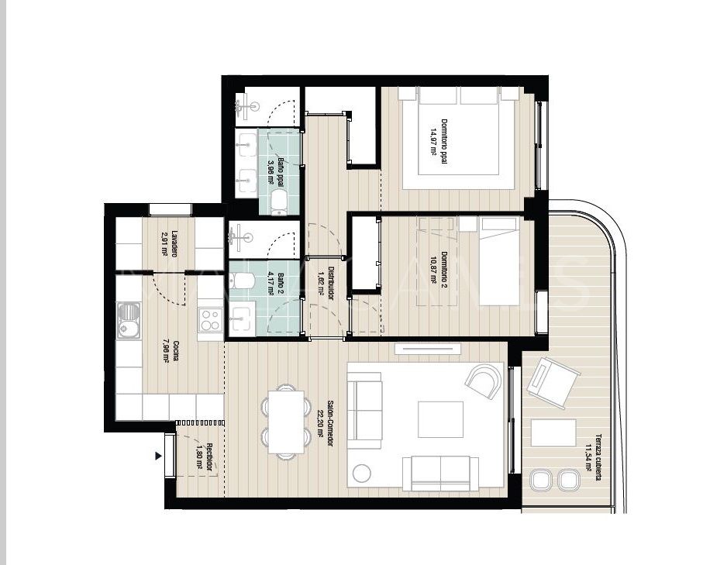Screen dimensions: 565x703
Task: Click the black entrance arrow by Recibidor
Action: click(x=159, y=456)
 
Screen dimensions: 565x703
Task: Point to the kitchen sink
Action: click(x=128, y=321)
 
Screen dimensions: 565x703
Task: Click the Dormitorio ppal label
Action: click(x=442, y=137)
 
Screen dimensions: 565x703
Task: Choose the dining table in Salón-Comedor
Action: click(x=287, y=419)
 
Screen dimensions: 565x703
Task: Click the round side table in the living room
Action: click(x=361, y=472)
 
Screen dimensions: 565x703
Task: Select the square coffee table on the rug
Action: click(x=440, y=419)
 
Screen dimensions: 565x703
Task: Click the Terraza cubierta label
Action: click(x=593, y=456)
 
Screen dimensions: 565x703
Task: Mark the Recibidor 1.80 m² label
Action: click(x=204, y=458)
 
